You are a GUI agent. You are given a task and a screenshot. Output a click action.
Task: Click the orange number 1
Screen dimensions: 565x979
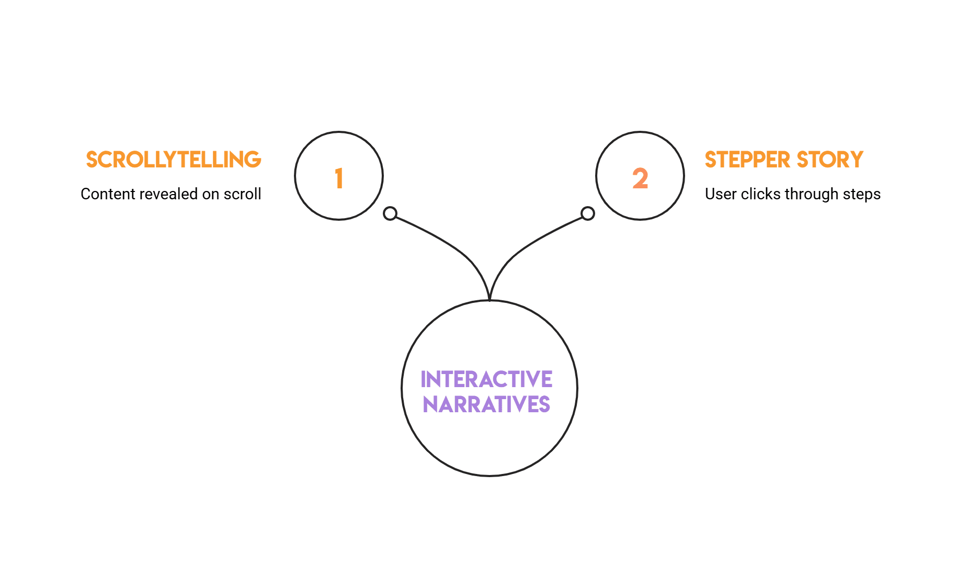339,178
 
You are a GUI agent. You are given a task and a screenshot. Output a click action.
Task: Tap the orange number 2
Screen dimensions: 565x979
640,178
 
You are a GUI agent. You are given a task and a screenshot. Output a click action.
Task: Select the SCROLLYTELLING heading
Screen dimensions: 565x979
174,160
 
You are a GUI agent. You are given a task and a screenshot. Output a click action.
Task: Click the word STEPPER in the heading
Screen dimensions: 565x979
747,160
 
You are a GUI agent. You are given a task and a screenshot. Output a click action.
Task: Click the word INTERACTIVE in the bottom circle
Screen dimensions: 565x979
486,380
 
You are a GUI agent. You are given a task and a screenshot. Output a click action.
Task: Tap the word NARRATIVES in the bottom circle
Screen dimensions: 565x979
486,405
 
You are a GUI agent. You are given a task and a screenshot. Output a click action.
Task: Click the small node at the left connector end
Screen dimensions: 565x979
390,213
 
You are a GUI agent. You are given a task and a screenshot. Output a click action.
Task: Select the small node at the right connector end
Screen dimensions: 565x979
588,213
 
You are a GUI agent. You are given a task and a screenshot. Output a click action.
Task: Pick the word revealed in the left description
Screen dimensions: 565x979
168,194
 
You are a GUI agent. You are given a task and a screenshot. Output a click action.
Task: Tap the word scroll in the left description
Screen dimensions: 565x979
242,194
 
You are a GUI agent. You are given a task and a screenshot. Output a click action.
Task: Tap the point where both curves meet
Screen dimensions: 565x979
489,299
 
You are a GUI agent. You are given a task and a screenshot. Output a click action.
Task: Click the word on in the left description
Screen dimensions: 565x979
210,195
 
